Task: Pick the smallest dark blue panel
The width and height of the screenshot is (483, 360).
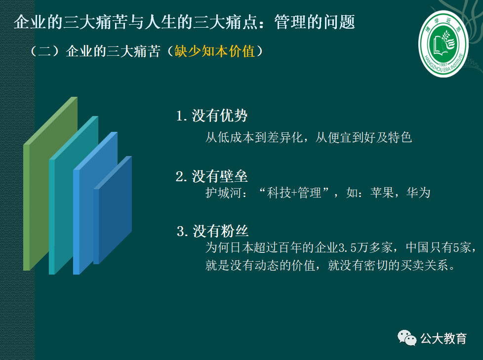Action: (113, 210)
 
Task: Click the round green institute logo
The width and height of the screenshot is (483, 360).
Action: (443, 44)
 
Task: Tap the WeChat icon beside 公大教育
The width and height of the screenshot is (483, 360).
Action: (406, 338)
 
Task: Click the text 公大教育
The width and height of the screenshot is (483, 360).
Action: (443, 338)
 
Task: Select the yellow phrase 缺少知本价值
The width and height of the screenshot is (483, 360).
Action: (215, 51)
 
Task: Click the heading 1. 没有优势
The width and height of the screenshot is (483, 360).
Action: (211, 116)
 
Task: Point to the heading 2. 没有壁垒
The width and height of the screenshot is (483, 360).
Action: (211, 176)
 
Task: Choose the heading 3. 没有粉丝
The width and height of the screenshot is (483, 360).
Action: (212, 231)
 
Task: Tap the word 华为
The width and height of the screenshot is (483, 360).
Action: (418, 193)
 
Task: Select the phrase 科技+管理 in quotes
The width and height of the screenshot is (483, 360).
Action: (294, 193)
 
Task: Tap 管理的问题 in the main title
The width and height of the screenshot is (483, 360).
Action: (315, 22)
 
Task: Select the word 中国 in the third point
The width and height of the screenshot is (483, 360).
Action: (418, 247)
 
